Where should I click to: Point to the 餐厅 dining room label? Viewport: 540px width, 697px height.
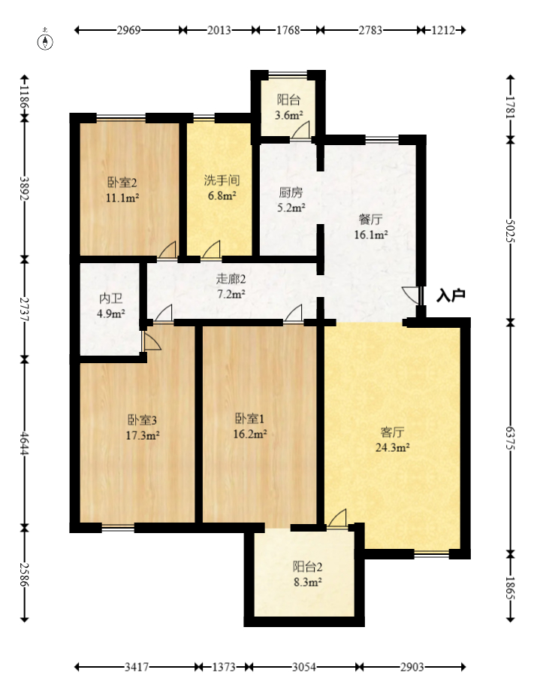click(x=371, y=220)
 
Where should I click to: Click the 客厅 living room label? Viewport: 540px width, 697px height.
click(x=392, y=432)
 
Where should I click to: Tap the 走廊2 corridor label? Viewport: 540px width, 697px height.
click(x=231, y=278)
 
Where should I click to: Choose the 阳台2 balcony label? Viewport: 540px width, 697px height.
click(x=307, y=567)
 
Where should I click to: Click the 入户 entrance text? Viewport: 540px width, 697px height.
click(x=451, y=295)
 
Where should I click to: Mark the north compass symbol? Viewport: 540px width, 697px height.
click(x=47, y=41)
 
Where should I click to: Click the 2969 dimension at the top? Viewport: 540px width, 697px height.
click(x=128, y=31)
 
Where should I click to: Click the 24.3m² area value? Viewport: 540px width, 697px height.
click(x=392, y=448)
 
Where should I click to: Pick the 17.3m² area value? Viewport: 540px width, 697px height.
click(x=143, y=435)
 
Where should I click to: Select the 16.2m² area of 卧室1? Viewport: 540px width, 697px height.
click(x=250, y=434)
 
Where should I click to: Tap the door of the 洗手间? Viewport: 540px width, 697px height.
click(x=211, y=250)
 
